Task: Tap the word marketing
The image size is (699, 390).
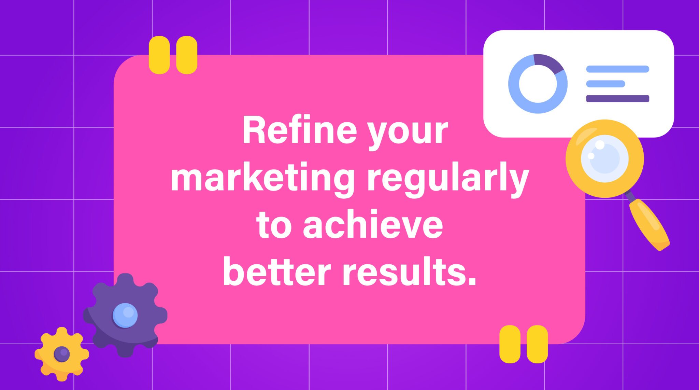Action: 262,178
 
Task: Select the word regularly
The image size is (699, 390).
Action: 447,178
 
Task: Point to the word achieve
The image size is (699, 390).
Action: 373,225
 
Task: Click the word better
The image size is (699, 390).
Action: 276,273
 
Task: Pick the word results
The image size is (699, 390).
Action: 409,273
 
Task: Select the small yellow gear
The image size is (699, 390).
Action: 48,365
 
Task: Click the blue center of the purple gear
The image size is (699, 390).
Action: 125,315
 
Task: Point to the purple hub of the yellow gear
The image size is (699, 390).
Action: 62,354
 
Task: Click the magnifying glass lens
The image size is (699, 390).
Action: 604,158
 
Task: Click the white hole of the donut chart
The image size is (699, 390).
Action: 538,84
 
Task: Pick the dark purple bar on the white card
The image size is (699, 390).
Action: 617,99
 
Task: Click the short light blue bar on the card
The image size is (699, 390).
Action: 605,84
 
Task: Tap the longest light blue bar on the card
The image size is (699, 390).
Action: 617,69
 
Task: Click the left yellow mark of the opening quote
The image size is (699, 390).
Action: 159,55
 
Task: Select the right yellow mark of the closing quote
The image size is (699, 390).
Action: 537,344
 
